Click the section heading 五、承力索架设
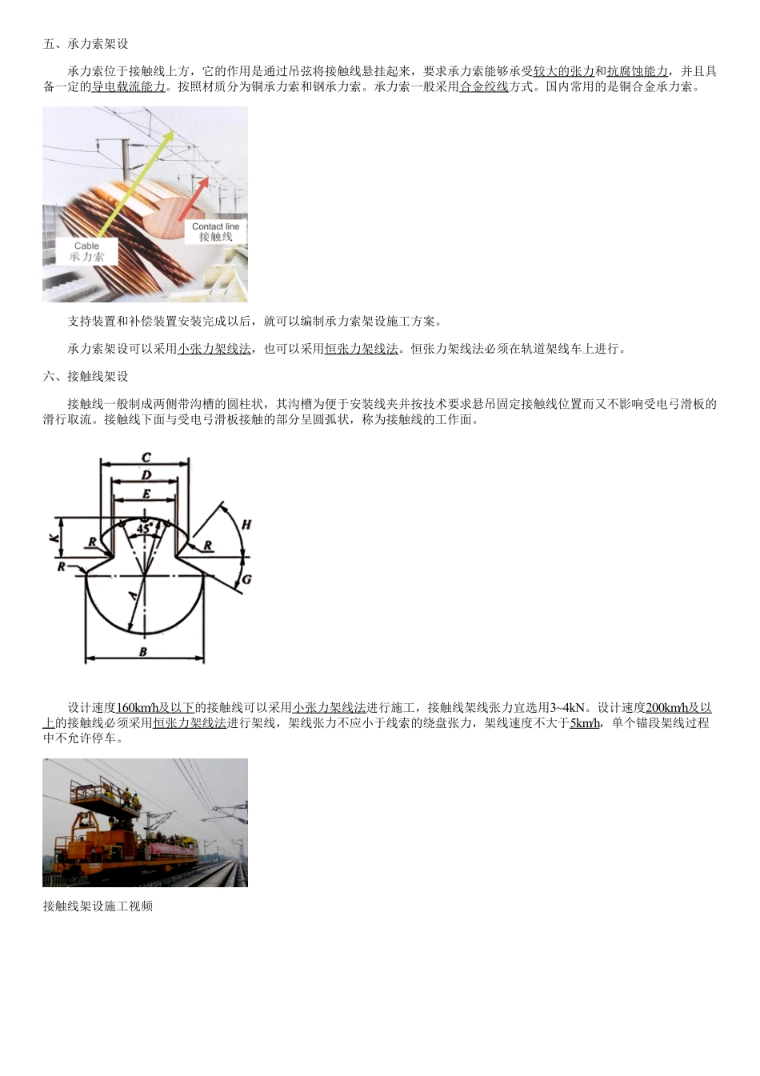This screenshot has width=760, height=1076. pos(86,44)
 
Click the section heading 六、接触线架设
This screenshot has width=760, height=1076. pos(86,376)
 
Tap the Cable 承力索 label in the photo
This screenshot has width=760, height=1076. pos(86,251)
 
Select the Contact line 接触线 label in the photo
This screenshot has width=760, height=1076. pos(215,232)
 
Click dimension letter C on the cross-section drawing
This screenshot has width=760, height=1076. pos(146,458)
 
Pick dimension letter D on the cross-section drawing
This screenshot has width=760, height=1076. pos(146,475)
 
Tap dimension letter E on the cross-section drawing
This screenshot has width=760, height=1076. pos(146,494)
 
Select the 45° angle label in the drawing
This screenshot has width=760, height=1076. pos(143,529)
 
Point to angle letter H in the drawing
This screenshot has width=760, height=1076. pos(246,525)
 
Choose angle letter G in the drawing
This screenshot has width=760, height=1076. pos(246,578)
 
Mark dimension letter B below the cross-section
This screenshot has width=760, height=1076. pos(143,652)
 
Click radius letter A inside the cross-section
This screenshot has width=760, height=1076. pos(133,596)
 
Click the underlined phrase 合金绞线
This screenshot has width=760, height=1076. pos(484,86)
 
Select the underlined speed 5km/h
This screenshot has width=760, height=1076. pos(585,723)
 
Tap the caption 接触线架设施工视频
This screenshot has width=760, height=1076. pos(98,906)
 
